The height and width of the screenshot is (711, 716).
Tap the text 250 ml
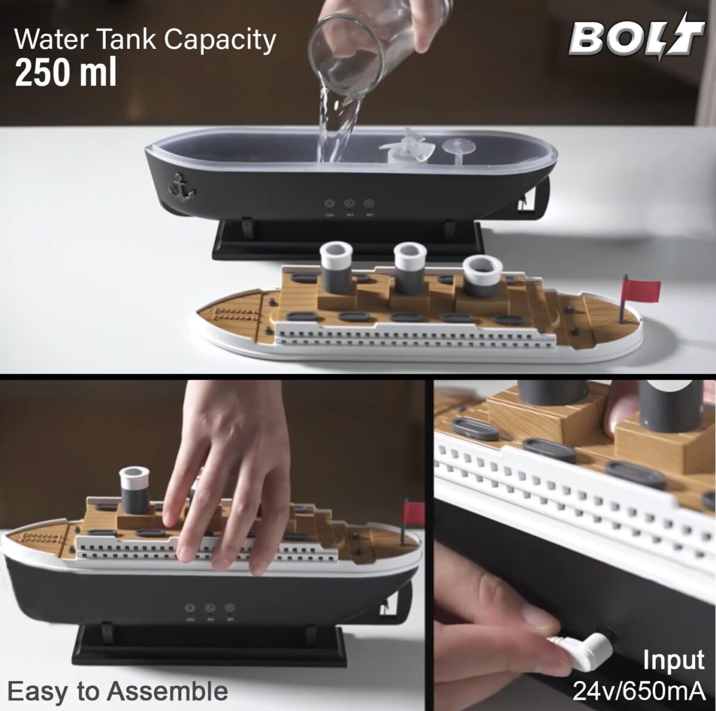66,72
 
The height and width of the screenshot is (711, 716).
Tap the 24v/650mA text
639,691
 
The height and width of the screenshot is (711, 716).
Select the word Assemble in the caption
167,691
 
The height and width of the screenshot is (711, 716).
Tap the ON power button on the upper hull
329,204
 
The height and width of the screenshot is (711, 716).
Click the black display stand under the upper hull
347,240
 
